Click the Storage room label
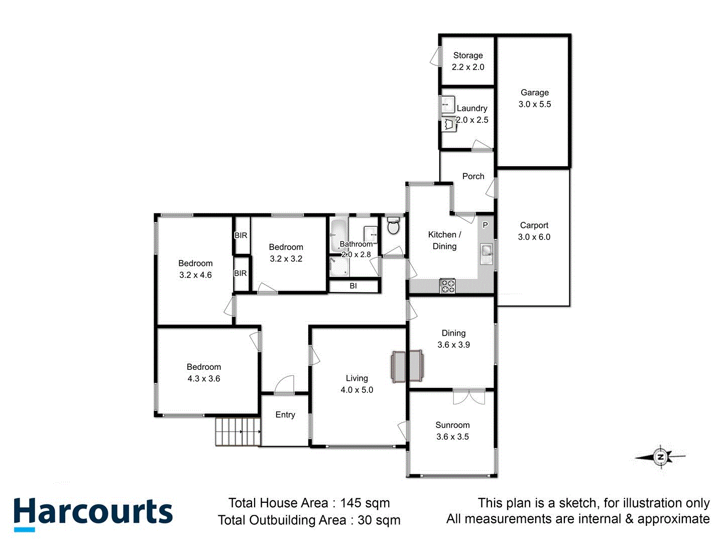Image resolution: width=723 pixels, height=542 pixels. pos(468,56)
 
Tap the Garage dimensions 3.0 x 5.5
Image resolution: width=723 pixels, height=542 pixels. pos(535,104)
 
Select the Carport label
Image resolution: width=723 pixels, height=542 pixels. pos(534,225)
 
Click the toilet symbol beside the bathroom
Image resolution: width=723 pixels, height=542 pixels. pos(393,226)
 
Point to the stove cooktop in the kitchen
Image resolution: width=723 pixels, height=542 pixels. pos(447,286)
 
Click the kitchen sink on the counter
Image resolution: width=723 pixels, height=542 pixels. pos(486,250)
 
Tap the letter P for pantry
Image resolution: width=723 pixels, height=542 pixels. pos(485,225)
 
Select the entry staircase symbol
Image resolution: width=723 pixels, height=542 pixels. pos(238,431)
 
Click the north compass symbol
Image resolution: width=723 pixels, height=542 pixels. pos(661,457)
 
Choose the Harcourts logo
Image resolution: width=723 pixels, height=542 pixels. pos(93,513)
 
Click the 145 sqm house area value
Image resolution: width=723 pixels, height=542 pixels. pos(365,503)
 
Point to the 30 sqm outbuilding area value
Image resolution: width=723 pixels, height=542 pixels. pos(379,520)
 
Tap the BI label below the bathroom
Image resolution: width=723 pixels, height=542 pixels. pos(353,286)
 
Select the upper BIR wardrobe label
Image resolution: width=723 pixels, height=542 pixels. pos(241,235)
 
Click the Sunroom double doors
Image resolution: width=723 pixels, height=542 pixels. pos(469,396)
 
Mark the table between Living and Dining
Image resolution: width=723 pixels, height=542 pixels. pos(407,367)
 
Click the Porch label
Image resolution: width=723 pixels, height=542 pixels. pos(473,176)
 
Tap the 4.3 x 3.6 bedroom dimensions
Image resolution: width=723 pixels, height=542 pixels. pos(204,379)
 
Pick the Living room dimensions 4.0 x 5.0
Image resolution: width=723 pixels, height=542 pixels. pos(357,390)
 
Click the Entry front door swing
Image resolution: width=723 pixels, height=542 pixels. pos(284,384)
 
